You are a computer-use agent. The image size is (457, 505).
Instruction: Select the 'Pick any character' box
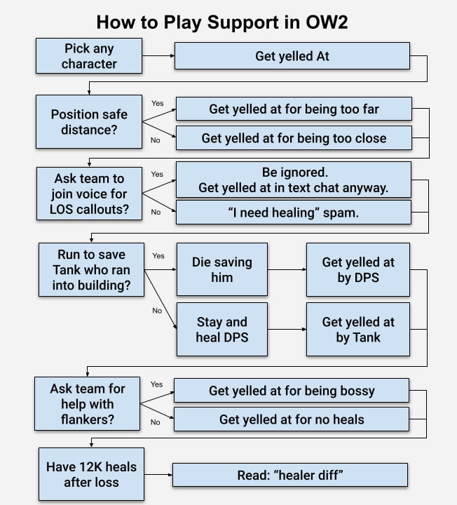coord(89,56)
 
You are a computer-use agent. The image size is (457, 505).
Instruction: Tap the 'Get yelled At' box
coord(292,56)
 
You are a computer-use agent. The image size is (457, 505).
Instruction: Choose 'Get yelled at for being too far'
coord(293,109)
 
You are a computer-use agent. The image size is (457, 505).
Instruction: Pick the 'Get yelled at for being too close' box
coord(293,138)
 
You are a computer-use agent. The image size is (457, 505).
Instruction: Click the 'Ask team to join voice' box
coord(89,194)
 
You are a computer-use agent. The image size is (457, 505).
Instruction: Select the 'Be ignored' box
coord(293,180)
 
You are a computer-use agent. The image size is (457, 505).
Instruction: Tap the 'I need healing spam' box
coord(293,213)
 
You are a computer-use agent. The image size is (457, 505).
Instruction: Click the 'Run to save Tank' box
coord(89,269)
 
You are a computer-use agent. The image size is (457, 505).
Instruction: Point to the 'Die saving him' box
coord(221,269)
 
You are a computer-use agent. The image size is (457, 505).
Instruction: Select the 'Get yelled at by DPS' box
coord(358,269)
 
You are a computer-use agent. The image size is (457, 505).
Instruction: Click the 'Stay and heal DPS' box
coord(221,330)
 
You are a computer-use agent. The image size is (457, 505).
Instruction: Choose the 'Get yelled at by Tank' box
coord(358,330)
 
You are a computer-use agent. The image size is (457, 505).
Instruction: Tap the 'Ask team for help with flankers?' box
coord(89,404)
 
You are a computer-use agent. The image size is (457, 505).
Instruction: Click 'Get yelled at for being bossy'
coord(291,391)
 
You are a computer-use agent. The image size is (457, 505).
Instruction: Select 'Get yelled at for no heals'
coord(291,419)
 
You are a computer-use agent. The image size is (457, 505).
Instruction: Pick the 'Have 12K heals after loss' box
coord(91,474)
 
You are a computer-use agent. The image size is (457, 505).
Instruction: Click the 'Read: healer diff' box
coord(289,475)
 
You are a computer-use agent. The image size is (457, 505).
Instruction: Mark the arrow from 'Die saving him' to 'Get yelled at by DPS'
coord(287,269)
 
